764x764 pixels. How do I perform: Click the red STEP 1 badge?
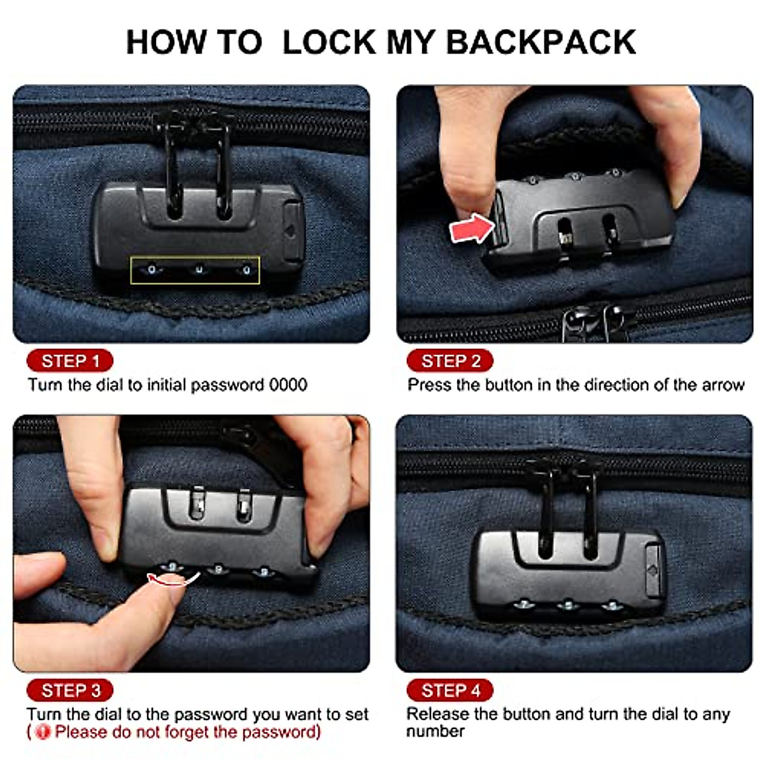point(70,361)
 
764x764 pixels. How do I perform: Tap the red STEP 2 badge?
point(450,361)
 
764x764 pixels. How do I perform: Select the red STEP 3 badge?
point(70,691)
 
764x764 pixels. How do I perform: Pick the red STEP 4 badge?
point(450,691)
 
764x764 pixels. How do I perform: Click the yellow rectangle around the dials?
point(195,271)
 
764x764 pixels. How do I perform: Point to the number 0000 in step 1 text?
point(288,385)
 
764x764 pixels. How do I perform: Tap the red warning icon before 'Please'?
point(43,732)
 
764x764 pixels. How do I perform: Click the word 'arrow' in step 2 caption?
point(723,385)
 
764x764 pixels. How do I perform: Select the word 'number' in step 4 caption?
point(435,732)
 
